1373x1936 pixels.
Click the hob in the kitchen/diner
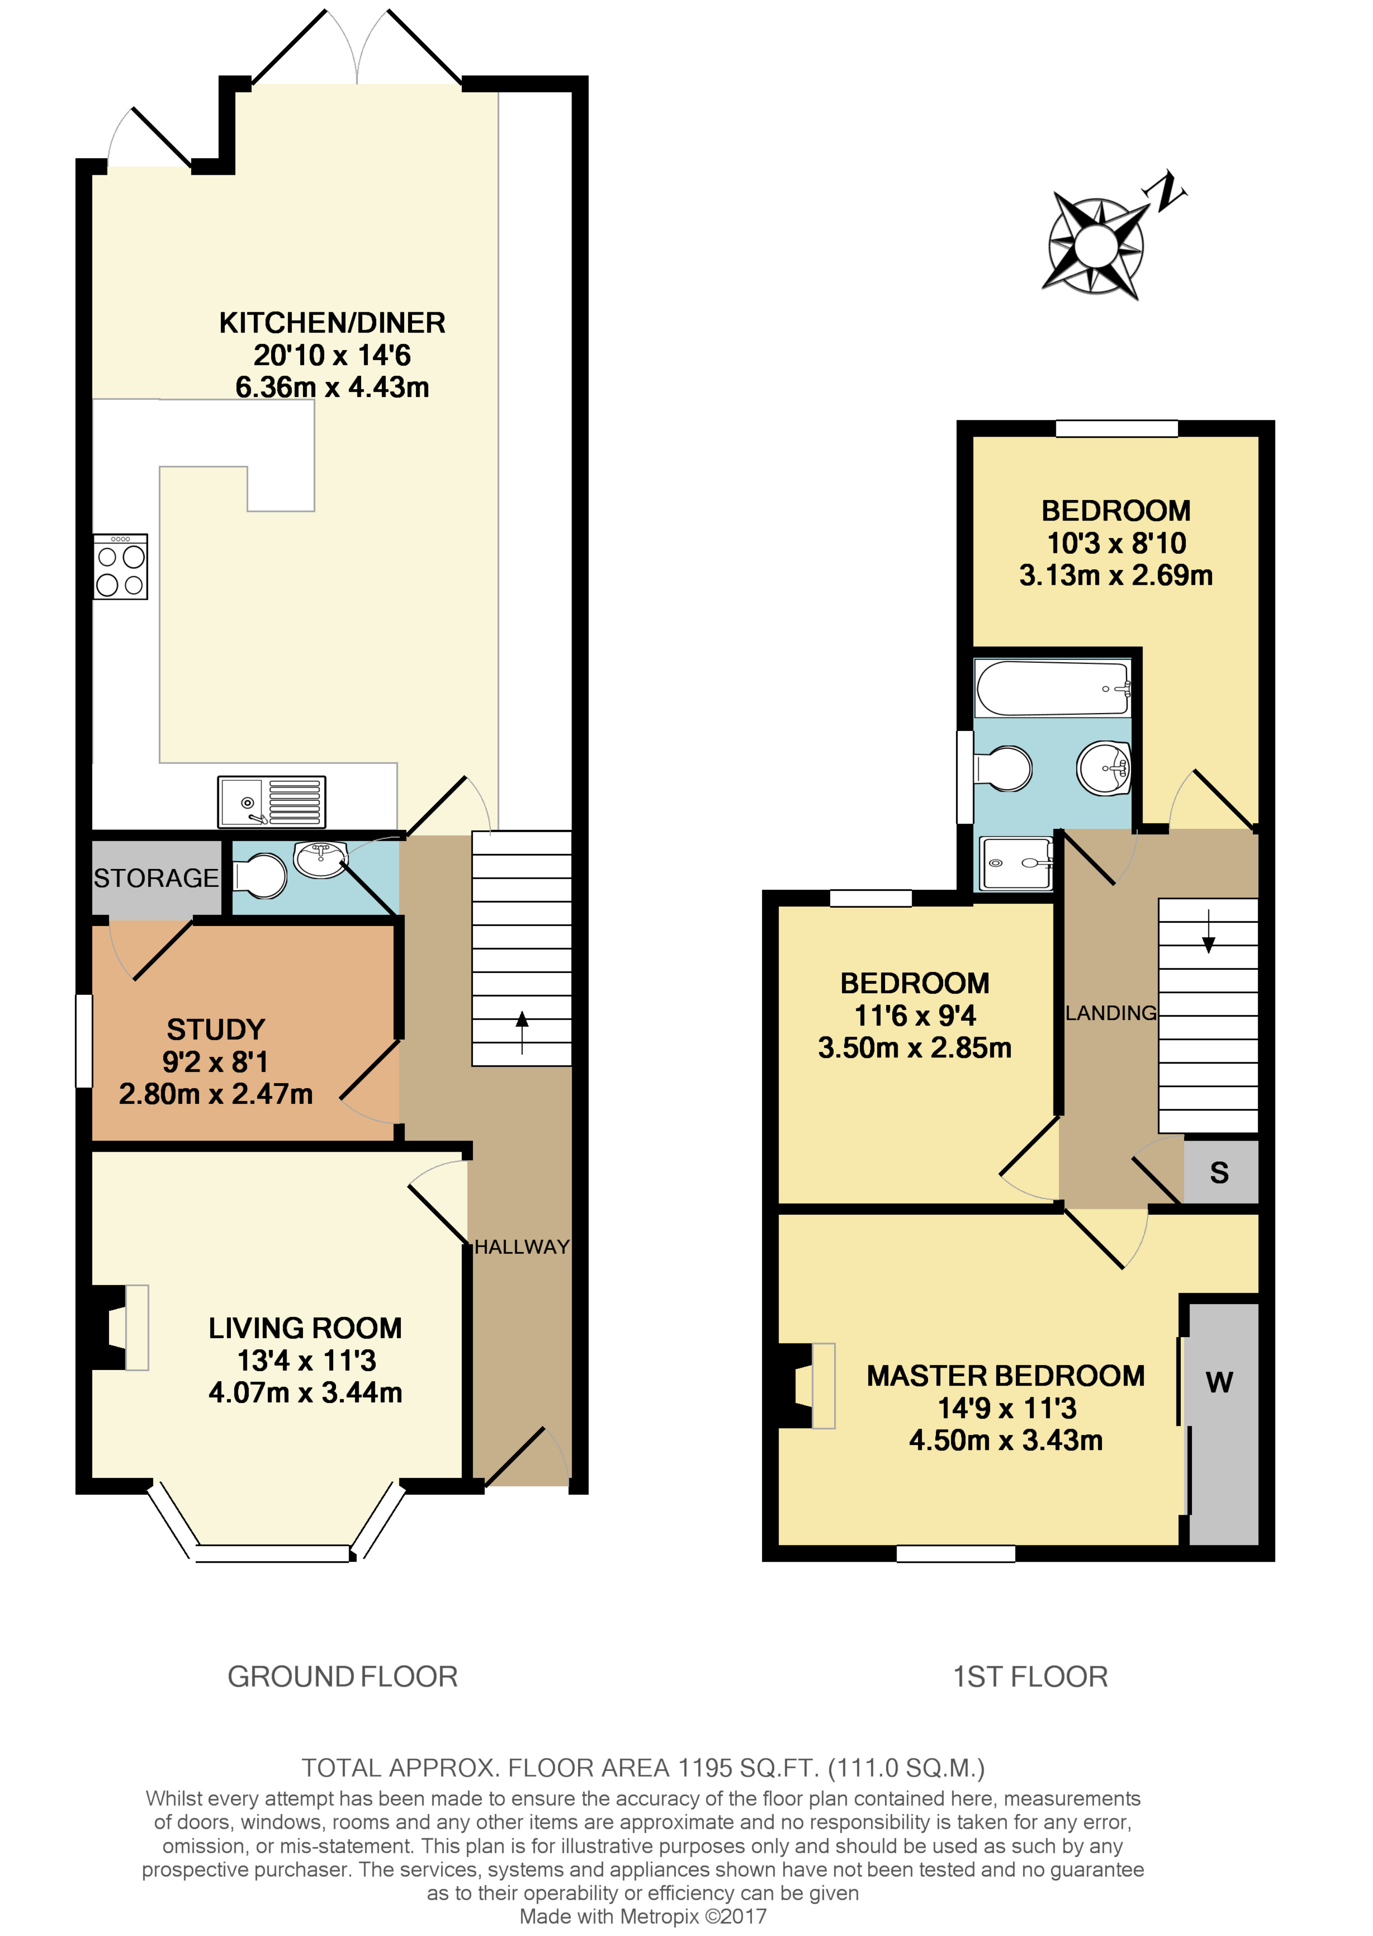click(x=121, y=566)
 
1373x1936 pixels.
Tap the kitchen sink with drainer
click(x=272, y=801)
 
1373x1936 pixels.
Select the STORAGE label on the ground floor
click(x=156, y=878)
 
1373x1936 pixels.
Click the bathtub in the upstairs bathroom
click(x=1053, y=688)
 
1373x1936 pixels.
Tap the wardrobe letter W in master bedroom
click(x=1219, y=1381)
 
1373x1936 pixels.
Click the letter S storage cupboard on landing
click(x=1219, y=1172)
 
